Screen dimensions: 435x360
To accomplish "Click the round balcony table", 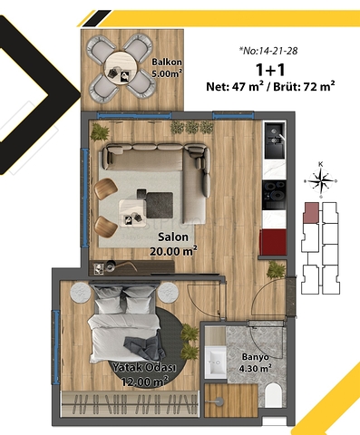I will coord(120,63).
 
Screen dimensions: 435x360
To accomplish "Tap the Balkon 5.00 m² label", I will coord(167,67).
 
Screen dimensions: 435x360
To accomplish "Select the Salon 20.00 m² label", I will coord(172,242).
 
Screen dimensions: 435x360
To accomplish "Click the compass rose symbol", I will coord(320,182).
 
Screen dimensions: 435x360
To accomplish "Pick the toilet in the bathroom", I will coord(273,392).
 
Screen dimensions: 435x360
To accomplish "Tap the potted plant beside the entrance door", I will coord(275,269).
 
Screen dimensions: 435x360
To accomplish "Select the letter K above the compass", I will coord(320,164).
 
